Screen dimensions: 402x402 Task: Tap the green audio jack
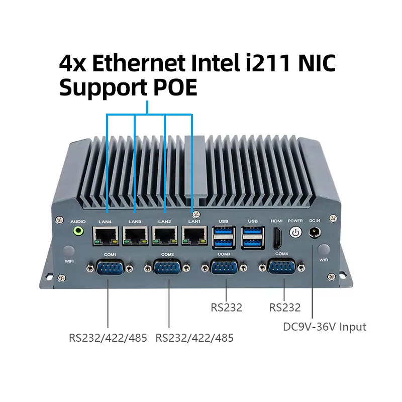pos(78,232)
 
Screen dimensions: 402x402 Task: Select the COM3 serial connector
pos(224,268)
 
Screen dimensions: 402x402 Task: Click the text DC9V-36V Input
pos(325,327)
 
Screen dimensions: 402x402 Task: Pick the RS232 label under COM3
pos(227,308)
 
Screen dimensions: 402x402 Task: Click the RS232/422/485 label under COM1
pos(108,338)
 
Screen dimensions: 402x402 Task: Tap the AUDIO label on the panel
pos(78,221)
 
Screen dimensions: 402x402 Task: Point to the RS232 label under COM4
pos(285,308)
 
